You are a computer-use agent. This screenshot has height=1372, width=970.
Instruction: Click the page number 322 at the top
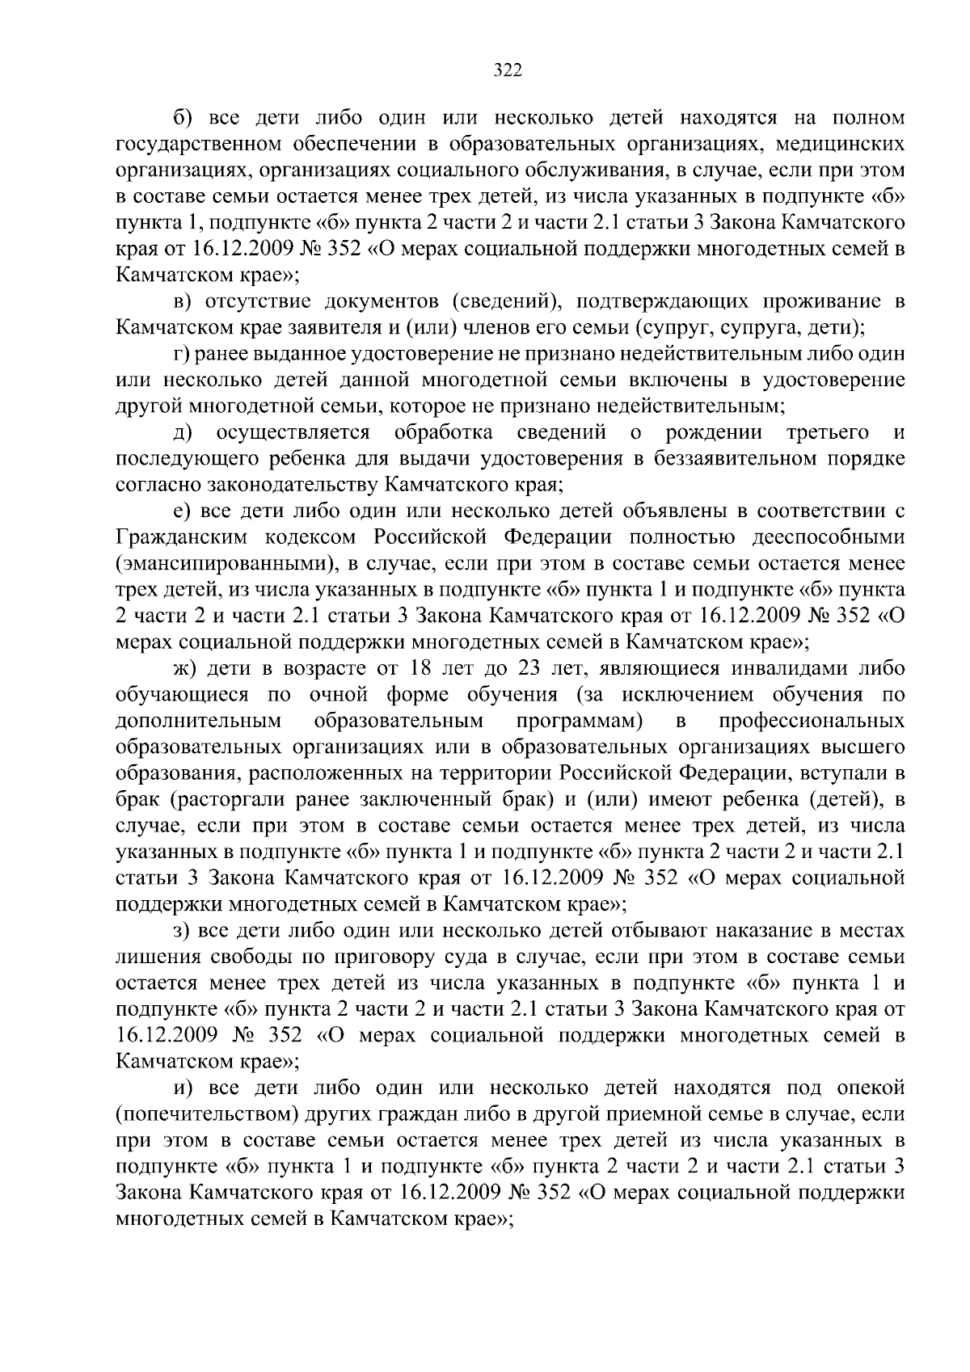[508, 70]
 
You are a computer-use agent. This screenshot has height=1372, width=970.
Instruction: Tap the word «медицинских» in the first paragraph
[841, 145]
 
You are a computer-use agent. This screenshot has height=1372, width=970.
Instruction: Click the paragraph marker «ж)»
[185, 668]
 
